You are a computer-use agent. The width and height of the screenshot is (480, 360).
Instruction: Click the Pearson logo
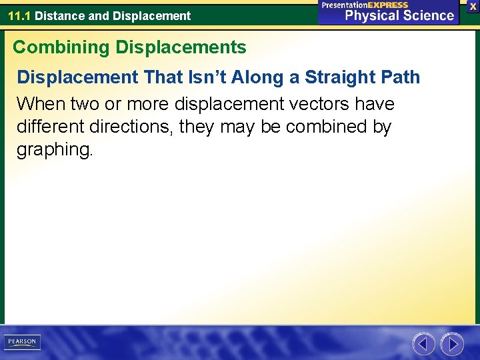22,342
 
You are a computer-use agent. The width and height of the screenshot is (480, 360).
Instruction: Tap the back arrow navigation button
423,344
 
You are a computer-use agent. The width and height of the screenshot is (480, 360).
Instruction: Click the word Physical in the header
371,15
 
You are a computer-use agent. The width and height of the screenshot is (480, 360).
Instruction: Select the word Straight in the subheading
341,77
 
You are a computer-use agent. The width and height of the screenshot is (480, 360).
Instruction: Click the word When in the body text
37,104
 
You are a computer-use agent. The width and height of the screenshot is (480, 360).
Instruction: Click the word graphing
55,150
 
